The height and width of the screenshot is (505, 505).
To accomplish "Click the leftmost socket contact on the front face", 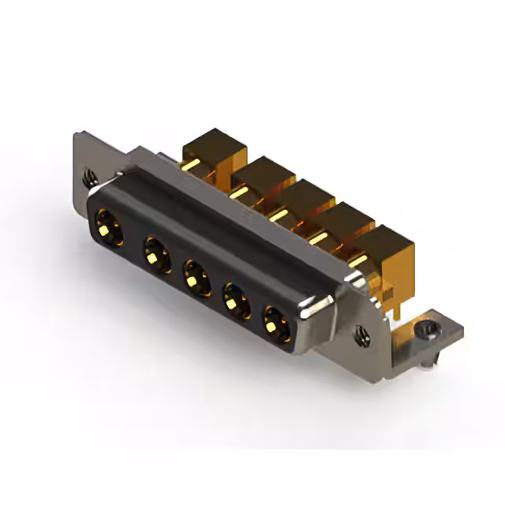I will [106, 225].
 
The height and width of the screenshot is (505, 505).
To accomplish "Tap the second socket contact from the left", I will [152, 252].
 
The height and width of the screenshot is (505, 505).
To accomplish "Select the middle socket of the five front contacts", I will [193, 276].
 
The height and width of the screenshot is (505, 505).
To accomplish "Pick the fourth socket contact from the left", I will [234, 299].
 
